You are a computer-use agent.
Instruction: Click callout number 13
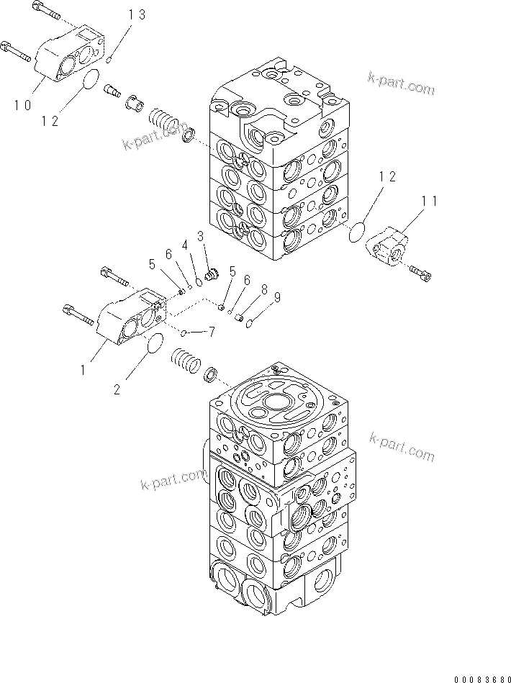pos(137,15)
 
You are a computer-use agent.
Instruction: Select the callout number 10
pos(22,105)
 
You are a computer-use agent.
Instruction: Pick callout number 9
pos(276,296)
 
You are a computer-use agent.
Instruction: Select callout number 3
pos(200,235)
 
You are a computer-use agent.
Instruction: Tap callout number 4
pos(184,246)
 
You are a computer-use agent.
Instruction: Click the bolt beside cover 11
pos(421,272)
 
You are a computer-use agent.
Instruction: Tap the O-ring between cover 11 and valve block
pos(356,232)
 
